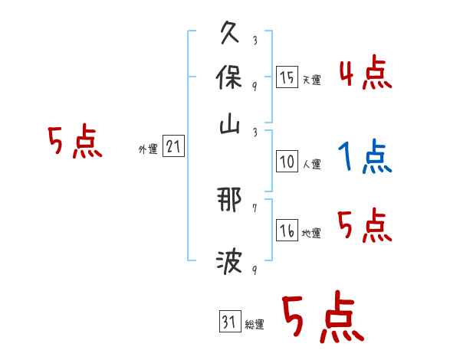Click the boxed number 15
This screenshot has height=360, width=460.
click(287, 77)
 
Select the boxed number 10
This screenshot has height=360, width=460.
click(287, 162)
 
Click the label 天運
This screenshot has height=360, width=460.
click(311, 80)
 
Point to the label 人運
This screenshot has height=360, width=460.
click(311, 164)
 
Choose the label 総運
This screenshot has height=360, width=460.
click(255, 324)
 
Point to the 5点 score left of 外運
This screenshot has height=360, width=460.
click(74, 143)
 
